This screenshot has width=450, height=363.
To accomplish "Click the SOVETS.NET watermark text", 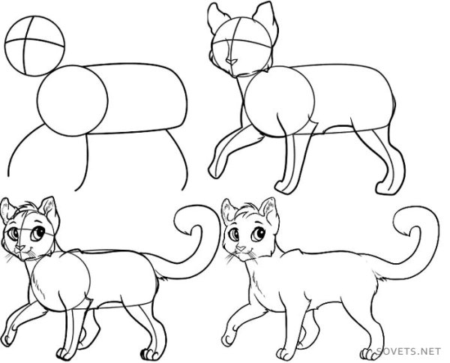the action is pos(408,351).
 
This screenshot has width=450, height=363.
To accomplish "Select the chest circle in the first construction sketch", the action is pos(72,100).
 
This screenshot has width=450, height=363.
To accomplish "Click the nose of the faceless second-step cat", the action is pos(231,61).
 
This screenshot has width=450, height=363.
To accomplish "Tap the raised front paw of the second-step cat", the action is pos(214,171).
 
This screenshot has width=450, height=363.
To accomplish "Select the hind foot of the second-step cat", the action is pos(386,188).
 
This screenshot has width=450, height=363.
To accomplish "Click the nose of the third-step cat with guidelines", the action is pos(19,247).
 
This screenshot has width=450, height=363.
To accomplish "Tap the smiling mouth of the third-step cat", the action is pos(26,253).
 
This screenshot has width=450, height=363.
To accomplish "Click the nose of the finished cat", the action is pos(241,248).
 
